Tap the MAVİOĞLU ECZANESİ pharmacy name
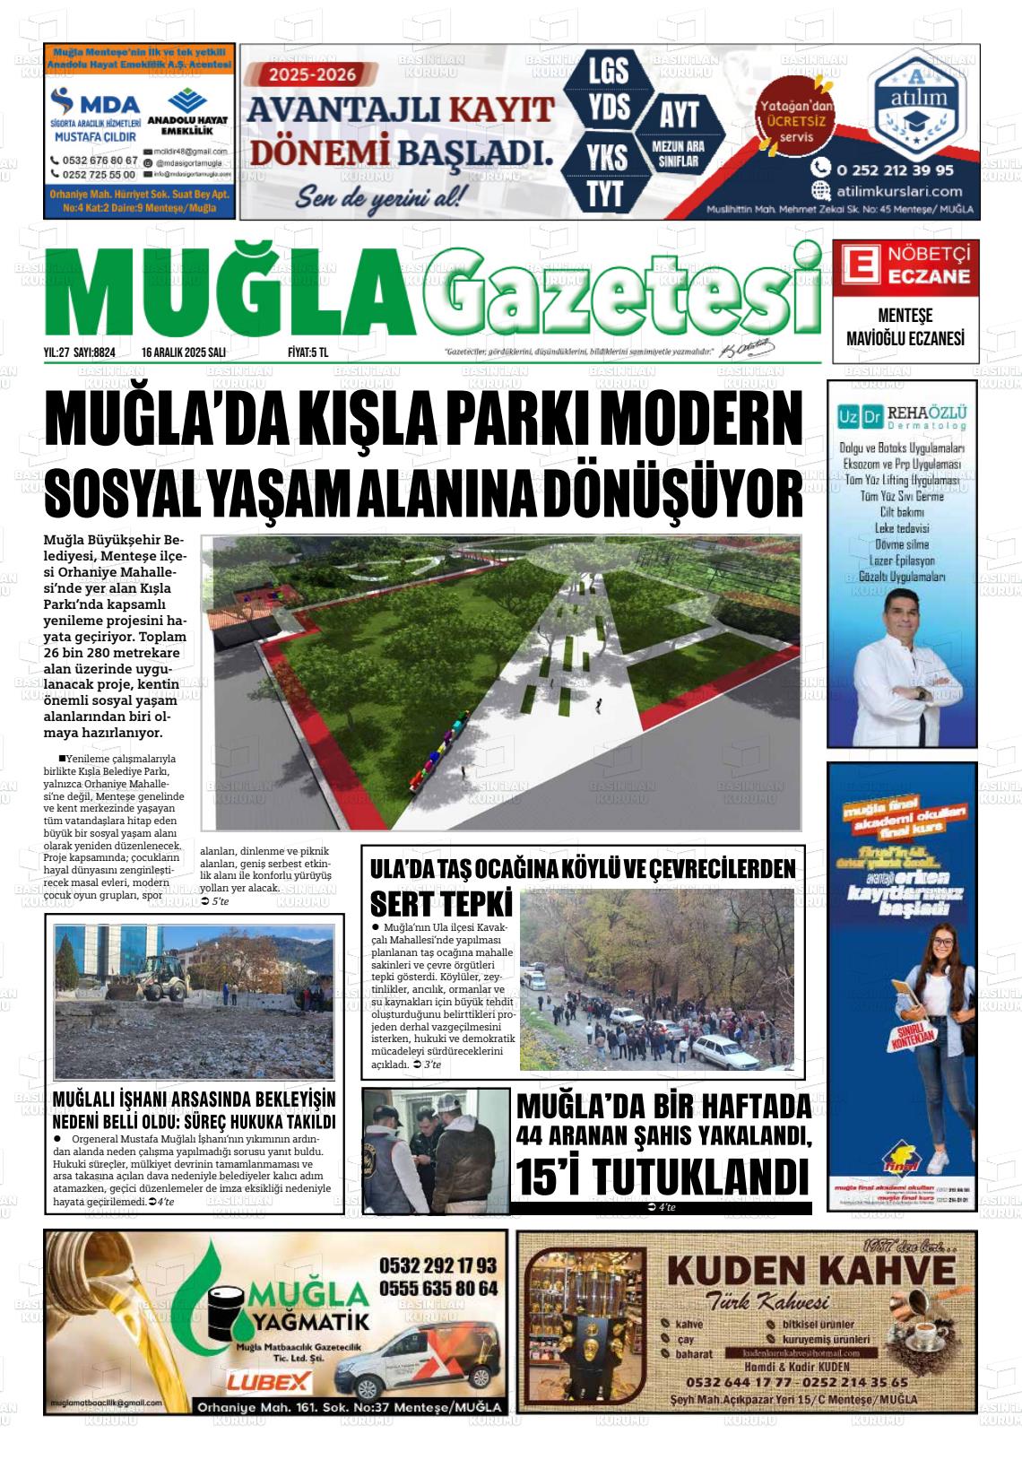[x=905, y=339]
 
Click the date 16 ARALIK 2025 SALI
[x=183, y=352]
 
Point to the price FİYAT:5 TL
[x=307, y=352]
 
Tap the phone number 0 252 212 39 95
[x=894, y=169]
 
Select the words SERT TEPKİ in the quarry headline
[x=441, y=903]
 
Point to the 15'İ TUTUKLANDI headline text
[x=663, y=1176]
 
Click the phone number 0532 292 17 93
[x=437, y=1265]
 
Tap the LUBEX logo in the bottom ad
[x=269, y=1381]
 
